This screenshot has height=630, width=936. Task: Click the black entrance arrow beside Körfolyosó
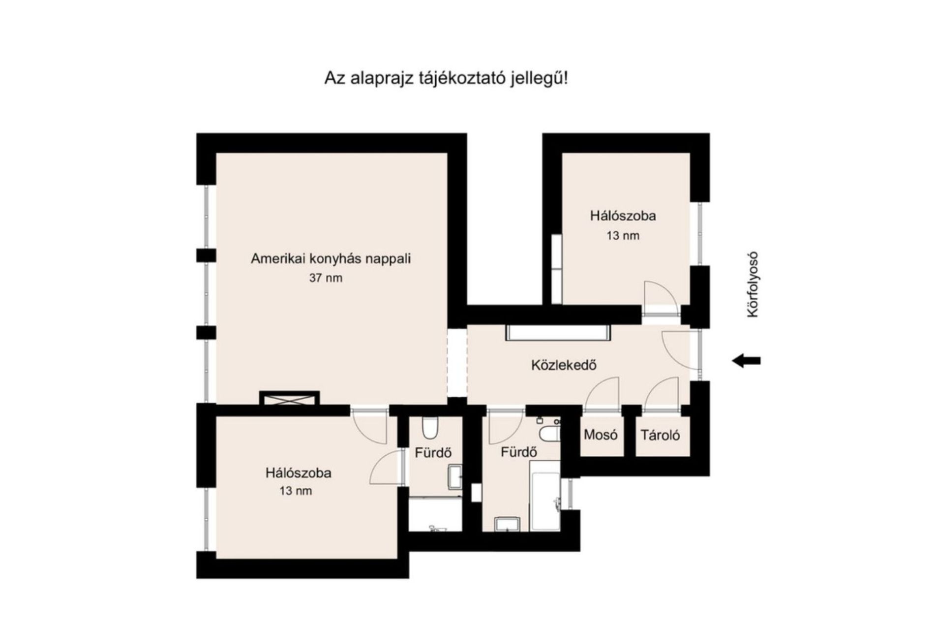746,361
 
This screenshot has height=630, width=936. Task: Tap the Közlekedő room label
564,365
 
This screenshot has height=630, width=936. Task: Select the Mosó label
601,435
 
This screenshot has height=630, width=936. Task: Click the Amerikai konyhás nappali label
331,259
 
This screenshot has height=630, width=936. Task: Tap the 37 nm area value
326,278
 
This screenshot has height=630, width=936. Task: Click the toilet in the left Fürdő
430,428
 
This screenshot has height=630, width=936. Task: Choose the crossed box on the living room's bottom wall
289,399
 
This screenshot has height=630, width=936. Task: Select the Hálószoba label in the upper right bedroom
623,216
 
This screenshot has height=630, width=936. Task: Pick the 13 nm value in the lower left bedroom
296,491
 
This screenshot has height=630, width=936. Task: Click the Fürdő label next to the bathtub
519,452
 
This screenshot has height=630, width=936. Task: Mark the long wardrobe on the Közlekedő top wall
558,332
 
